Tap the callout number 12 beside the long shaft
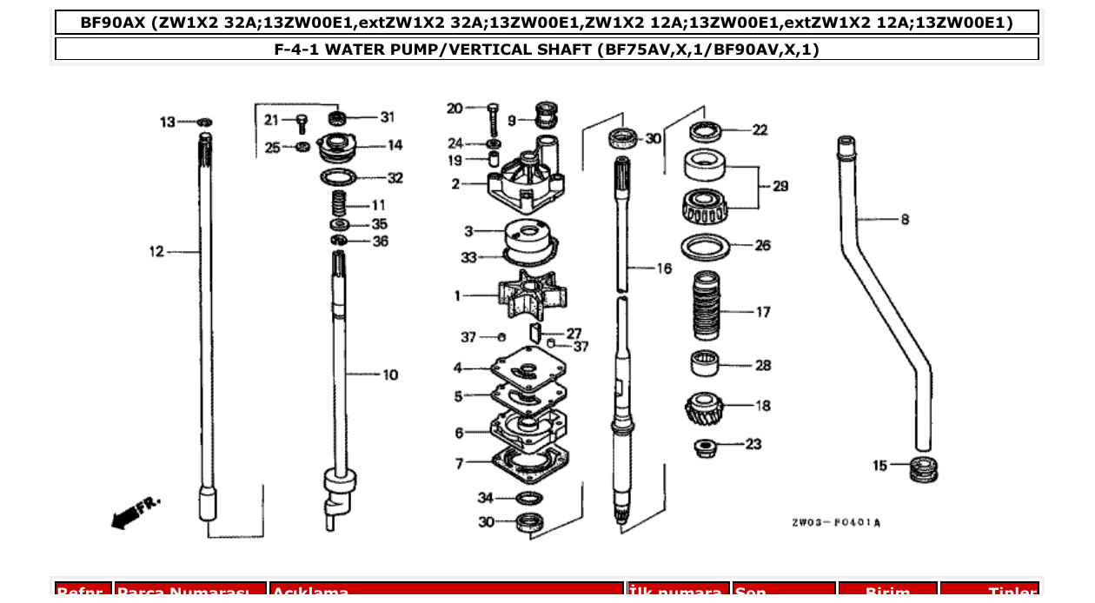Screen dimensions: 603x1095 point(156,252)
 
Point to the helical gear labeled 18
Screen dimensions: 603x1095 point(703,407)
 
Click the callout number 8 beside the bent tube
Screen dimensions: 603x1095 point(905,220)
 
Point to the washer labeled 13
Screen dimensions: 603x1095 point(205,123)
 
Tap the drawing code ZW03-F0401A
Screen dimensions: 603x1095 point(835,523)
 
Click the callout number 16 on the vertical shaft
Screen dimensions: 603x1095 point(663,268)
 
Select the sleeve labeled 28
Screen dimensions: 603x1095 point(705,363)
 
